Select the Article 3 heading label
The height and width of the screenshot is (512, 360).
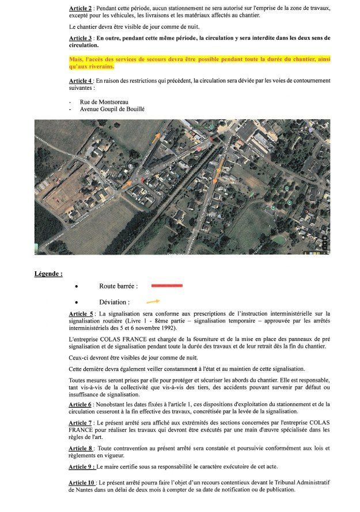(81, 38)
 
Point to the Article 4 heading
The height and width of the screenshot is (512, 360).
(81, 81)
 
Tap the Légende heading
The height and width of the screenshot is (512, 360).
(48, 274)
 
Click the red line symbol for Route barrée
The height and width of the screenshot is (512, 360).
(166, 286)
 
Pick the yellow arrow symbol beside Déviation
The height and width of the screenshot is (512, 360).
(153, 301)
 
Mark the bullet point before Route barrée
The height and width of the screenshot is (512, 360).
(77, 286)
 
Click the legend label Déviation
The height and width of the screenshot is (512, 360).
(114, 302)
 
